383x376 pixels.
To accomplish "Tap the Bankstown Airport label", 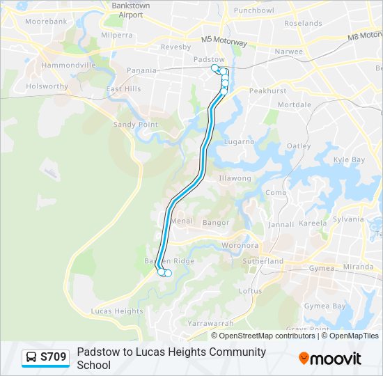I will tap(131, 10).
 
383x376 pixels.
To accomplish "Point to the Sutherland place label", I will tap(263, 261).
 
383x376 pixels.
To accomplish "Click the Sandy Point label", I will tap(136, 125).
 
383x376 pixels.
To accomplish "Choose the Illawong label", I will tap(235, 178).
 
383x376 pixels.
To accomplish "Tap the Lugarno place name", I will tap(239, 141).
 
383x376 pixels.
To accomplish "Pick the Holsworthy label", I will tap(47, 87).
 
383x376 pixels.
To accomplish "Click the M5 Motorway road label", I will tap(224, 42).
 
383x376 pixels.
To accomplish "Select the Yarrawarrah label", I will tap(210, 323).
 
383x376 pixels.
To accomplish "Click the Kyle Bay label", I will tap(349, 159).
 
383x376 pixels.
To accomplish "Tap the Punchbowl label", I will tap(253, 10).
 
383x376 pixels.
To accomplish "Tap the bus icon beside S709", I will tap(31, 358).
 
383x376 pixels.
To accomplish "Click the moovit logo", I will tap(330, 358).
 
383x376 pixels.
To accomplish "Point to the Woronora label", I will tap(240, 245).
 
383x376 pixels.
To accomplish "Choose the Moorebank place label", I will tap(46, 22).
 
